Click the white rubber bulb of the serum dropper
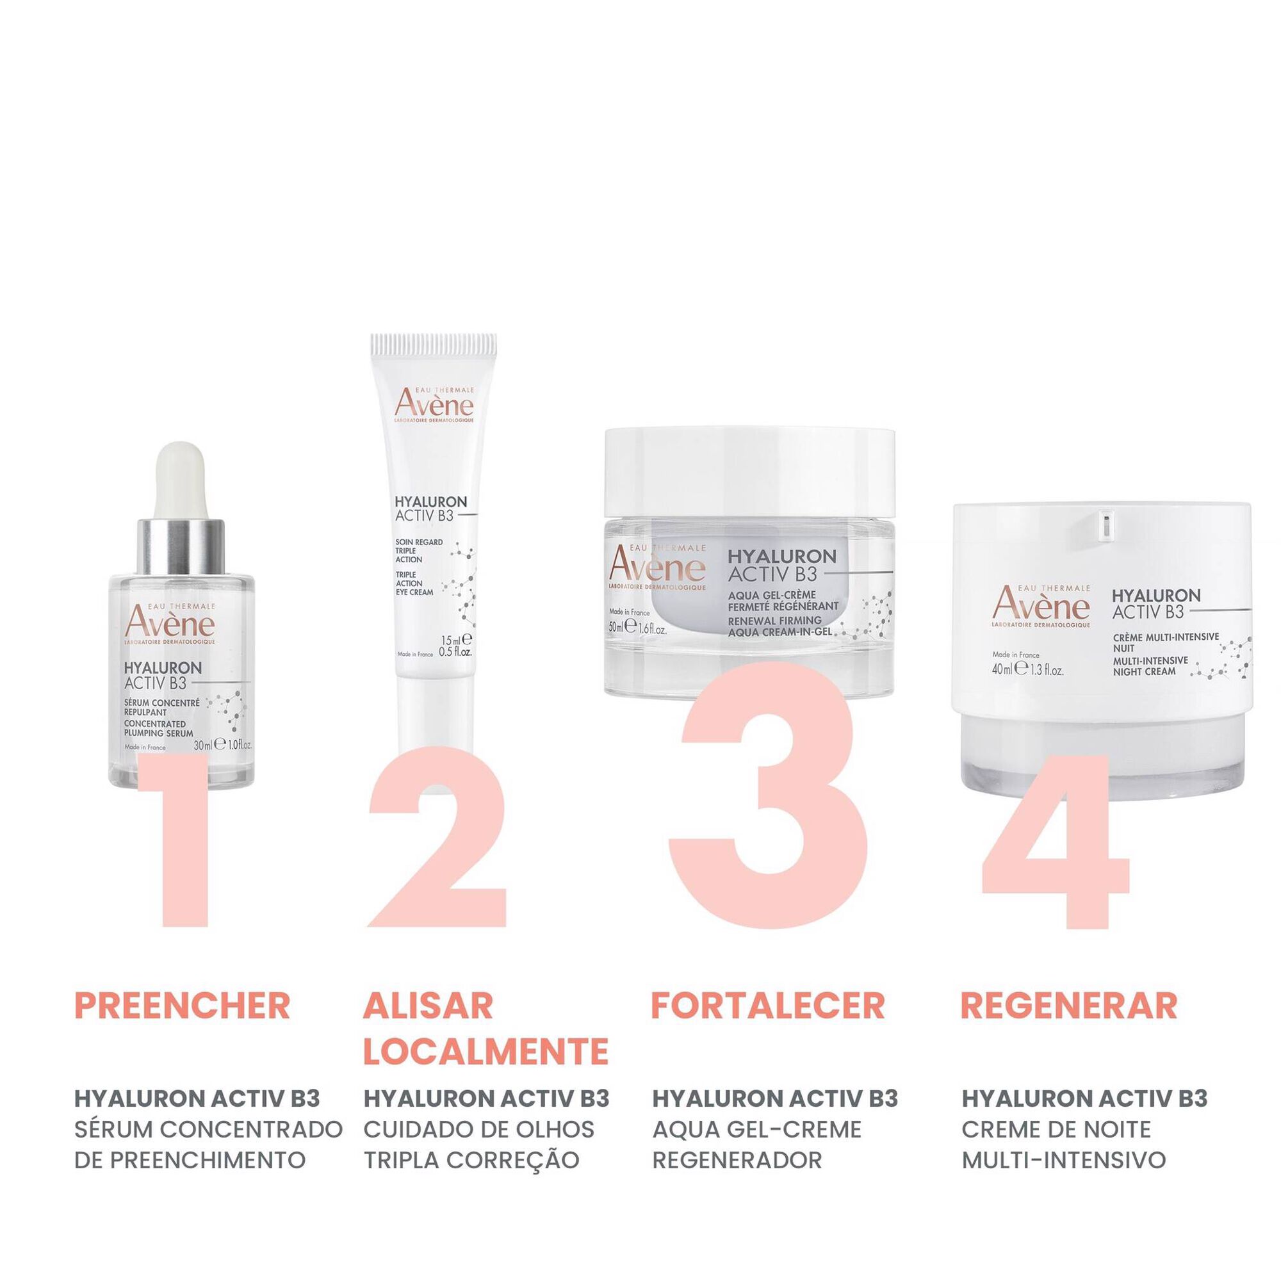click(x=180, y=481)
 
